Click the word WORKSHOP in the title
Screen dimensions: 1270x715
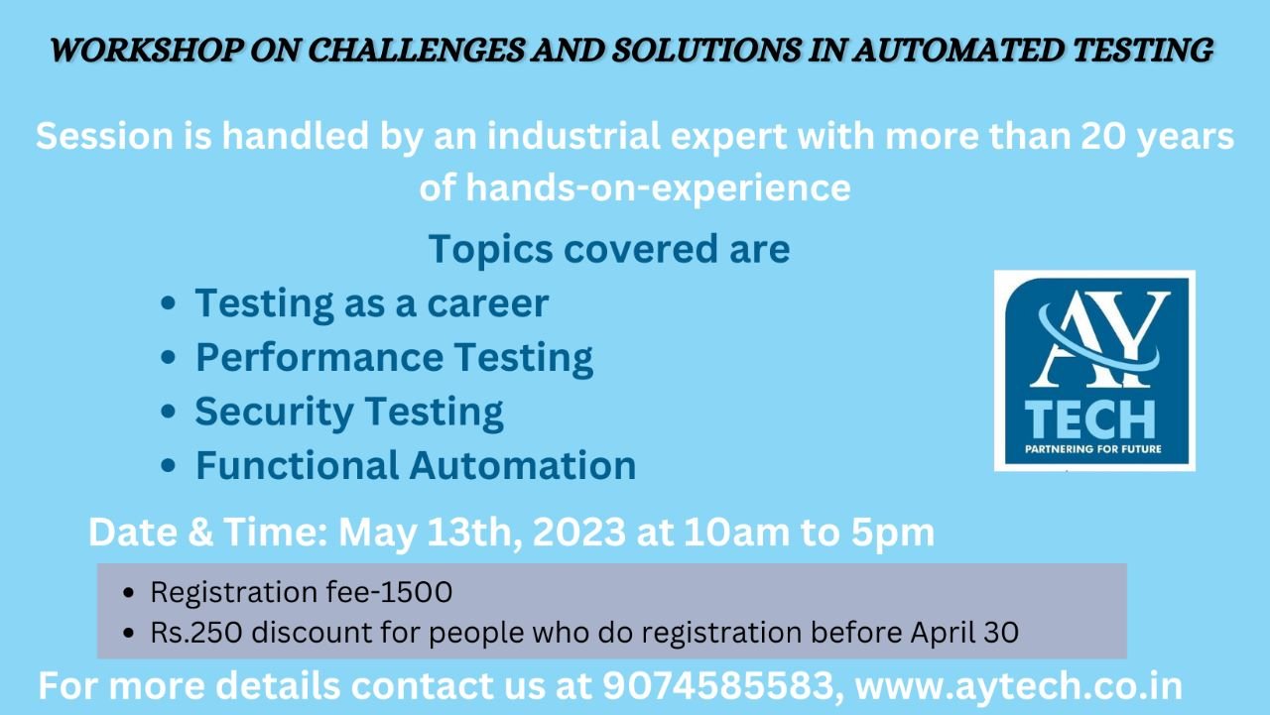(x=146, y=50)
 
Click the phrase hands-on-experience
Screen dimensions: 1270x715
(x=658, y=187)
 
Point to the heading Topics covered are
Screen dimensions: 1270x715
(x=609, y=249)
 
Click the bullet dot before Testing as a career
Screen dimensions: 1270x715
(x=168, y=303)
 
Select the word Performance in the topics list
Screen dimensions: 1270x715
(x=319, y=357)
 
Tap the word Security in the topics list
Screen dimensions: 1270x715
(x=275, y=412)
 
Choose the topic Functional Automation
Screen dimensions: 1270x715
(x=416, y=465)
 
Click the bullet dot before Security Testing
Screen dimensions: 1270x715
(x=168, y=412)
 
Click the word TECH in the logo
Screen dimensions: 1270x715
(x=1089, y=419)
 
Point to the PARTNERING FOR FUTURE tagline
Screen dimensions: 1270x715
(x=1093, y=449)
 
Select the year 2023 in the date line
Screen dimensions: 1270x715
(x=578, y=532)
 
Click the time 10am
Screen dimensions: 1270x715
(x=736, y=532)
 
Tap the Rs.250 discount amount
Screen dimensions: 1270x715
(x=196, y=633)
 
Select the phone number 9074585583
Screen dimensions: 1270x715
(x=717, y=686)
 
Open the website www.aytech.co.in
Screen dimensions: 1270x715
(x=1019, y=686)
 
